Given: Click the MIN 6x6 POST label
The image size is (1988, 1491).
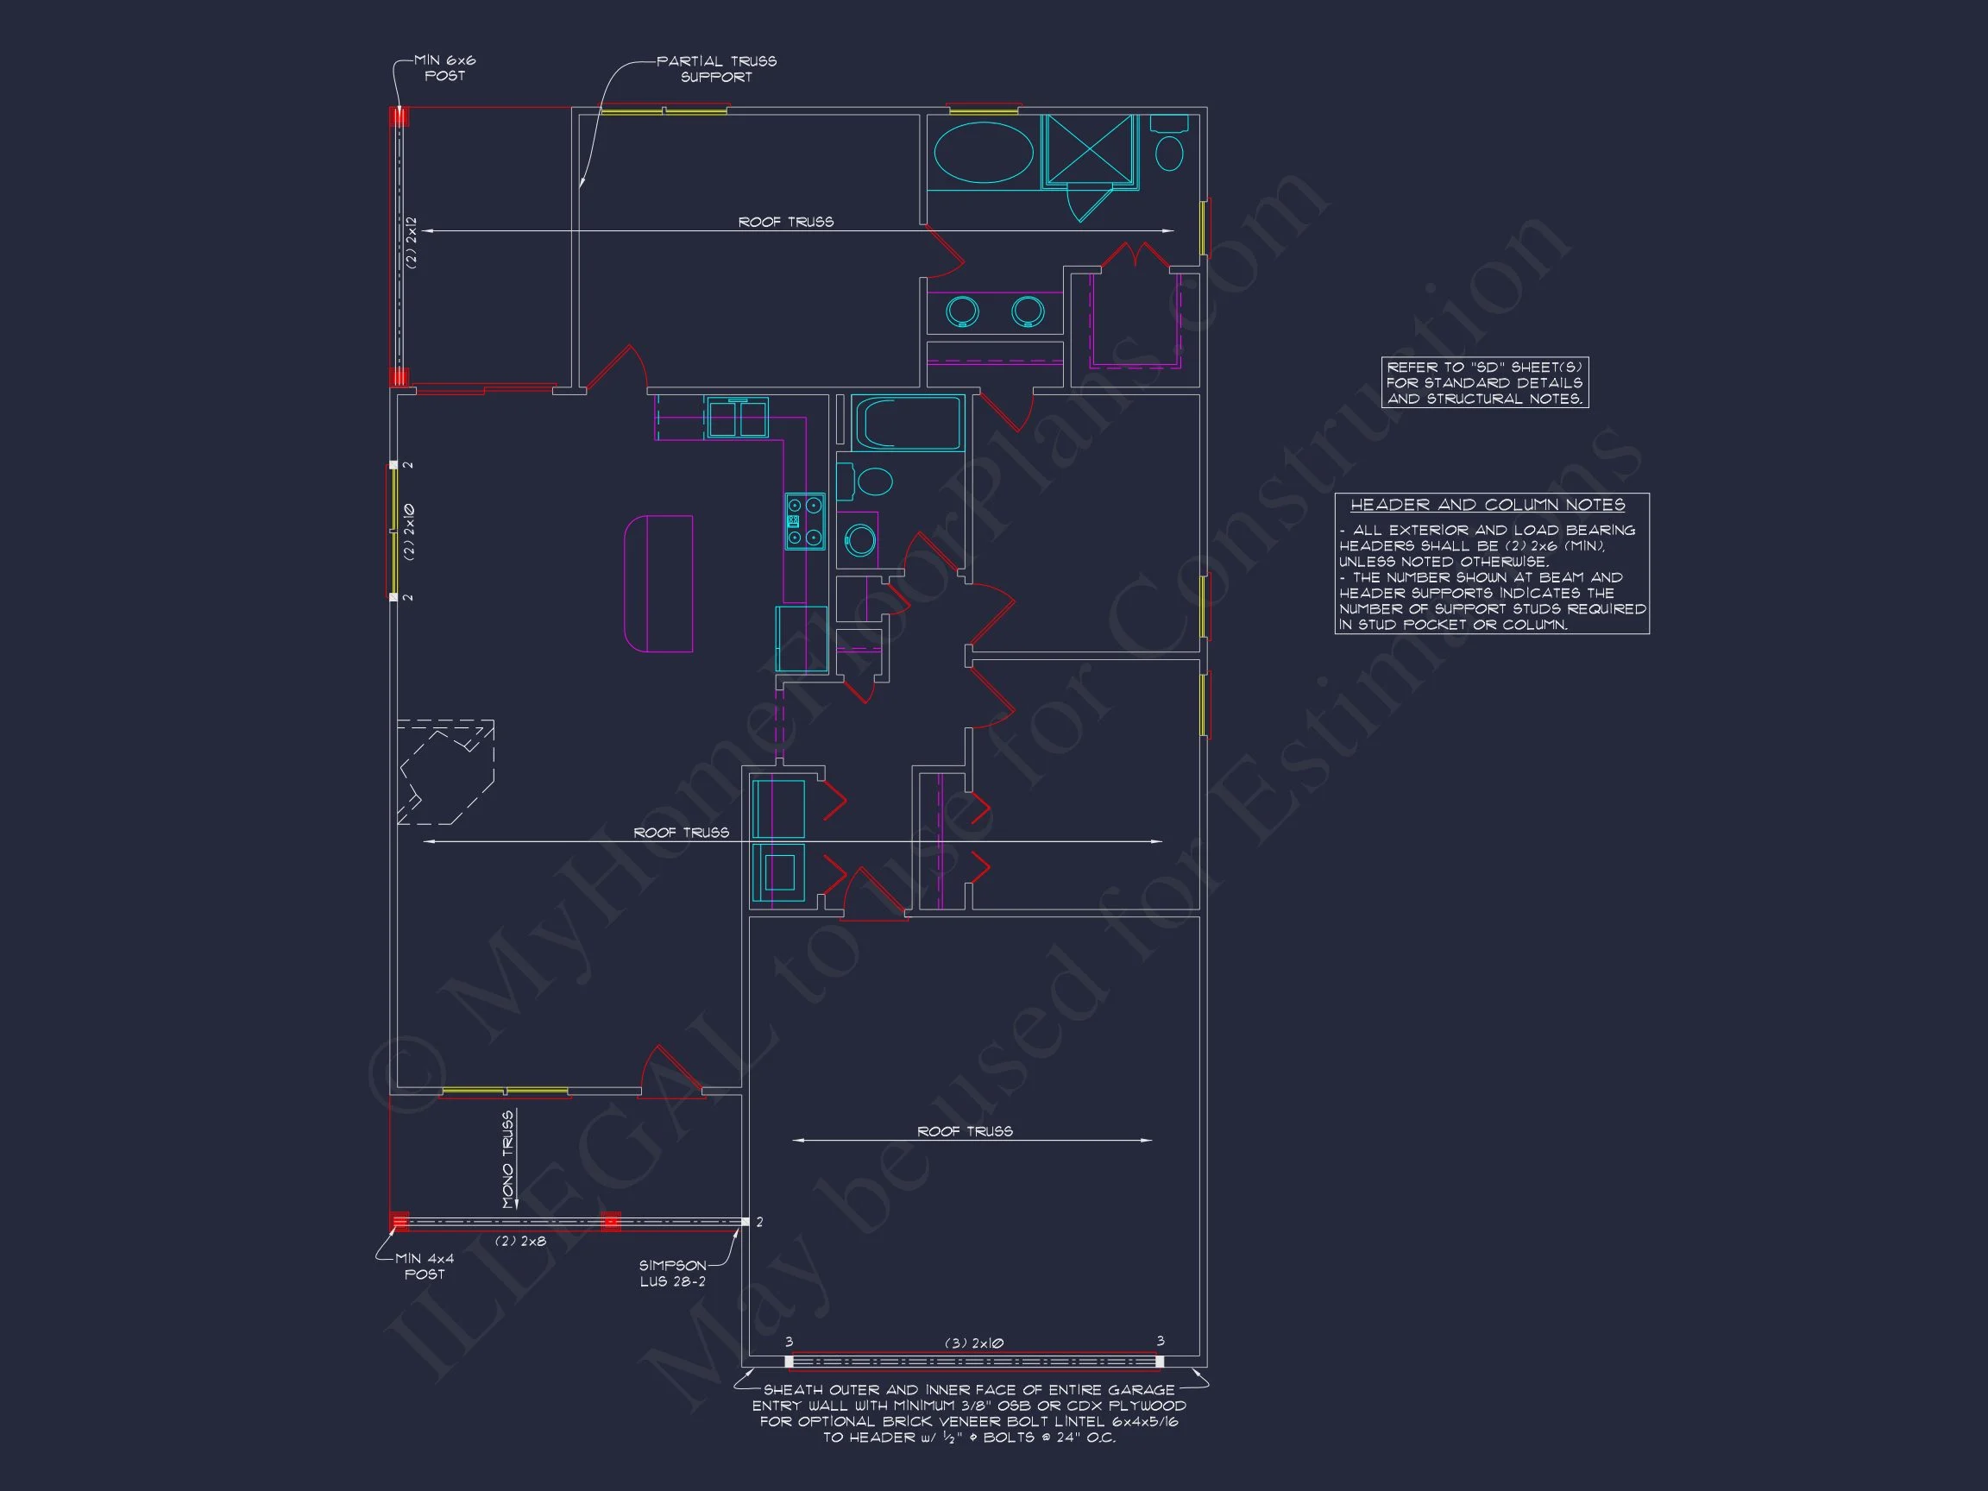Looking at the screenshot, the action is coord(445,68).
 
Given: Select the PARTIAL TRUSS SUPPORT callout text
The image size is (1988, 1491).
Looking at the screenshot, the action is coord(716,69).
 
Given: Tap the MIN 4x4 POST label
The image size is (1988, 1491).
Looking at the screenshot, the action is coord(425,1267).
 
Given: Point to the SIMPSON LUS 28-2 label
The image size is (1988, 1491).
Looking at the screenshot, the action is coord(672,1274).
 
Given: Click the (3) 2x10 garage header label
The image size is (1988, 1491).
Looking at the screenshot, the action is coord(973,1343).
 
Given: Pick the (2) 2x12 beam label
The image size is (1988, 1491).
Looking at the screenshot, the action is coord(411,242).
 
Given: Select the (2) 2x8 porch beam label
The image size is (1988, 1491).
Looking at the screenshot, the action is coord(521,1241).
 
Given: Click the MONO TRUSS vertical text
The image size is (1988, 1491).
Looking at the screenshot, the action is coord(507,1160).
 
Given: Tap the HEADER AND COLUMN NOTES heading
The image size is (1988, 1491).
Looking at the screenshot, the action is coord(1488,505).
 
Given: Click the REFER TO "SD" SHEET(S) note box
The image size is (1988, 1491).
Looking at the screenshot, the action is coord(1485,383).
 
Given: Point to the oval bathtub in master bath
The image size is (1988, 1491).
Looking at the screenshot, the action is coord(985,153).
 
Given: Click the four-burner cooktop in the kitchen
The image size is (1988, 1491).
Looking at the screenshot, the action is coord(804,521).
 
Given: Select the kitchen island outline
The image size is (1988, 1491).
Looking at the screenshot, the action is coord(658,583).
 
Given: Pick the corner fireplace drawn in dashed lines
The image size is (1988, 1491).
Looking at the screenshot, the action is coord(446,771).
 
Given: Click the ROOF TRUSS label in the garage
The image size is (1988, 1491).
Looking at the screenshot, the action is coord(965,1130).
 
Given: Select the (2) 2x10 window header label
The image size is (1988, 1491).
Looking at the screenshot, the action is coord(410,532).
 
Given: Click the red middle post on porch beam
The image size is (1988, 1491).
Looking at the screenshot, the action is coord(610,1222).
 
